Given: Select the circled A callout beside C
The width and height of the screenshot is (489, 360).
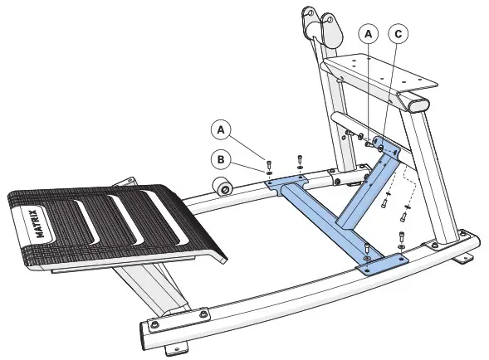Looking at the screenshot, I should (368, 35).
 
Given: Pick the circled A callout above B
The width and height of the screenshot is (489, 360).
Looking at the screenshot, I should (220, 129).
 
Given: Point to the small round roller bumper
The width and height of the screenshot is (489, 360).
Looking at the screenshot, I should (223, 187).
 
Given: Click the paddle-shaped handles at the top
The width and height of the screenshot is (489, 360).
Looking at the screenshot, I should (322, 24).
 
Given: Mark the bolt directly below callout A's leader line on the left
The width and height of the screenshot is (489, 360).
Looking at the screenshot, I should (269, 161).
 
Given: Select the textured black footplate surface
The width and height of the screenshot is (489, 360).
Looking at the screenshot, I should (116, 224).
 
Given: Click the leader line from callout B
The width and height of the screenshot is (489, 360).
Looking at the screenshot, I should (247, 166).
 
